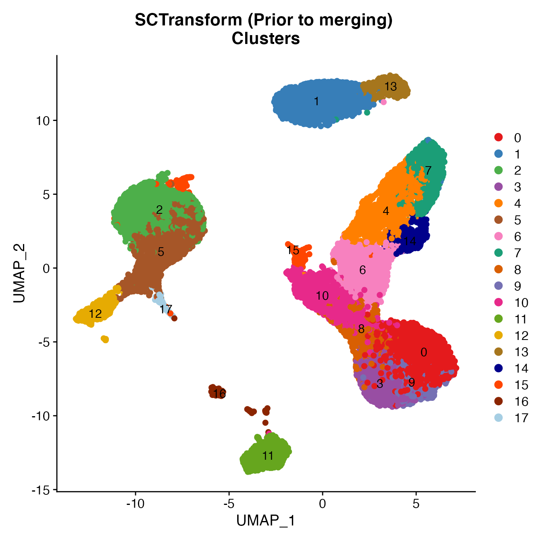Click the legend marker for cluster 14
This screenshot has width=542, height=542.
tap(499, 368)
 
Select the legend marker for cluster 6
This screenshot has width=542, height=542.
tap(499, 236)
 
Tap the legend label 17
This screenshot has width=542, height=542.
tap(521, 418)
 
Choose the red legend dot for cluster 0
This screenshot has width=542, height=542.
tap(499, 138)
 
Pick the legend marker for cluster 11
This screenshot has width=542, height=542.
tap(499, 319)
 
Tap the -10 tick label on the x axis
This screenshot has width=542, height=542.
tap(135, 504)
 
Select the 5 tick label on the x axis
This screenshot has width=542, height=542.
tap(416, 504)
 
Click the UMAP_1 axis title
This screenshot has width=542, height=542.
tap(266, 521)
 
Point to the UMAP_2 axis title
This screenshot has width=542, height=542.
tap(19, 273)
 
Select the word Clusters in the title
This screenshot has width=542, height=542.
tap(266, 38)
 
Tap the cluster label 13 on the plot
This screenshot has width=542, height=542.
tap(390, 86)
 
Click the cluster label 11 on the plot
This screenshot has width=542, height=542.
tap(268, 456)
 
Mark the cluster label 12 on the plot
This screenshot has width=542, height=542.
tap(95, 314)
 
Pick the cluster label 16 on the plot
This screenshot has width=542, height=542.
tap(219, 394)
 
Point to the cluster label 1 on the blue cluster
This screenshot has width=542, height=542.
tap(317, 101)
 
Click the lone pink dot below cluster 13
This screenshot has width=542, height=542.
tap(384, 102)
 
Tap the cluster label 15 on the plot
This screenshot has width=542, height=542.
tap(293, 250)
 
